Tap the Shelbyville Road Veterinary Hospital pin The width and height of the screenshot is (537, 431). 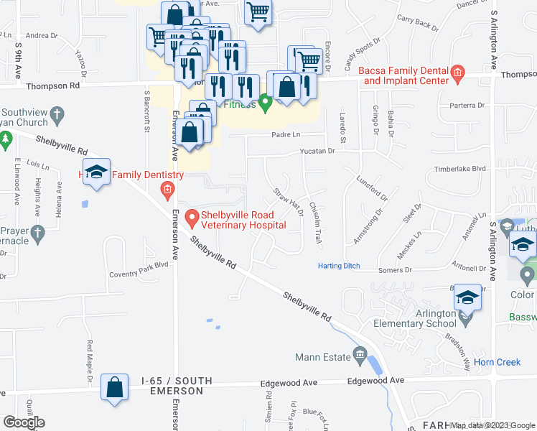tap(192, 216)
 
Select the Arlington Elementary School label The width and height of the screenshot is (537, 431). tap(416, 318)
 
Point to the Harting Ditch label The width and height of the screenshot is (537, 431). tap(340, 266)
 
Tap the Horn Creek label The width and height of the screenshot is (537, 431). tap(498, 362)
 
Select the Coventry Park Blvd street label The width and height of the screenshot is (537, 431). tap(138, 274)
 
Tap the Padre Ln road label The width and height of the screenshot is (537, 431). tap(285, 134)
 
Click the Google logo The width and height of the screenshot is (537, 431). tap(24, 422)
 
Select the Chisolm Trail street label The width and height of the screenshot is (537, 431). tap(314, 222)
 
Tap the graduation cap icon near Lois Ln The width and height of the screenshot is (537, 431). tap(96, 172)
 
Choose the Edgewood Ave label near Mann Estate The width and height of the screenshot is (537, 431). tap(375, 381)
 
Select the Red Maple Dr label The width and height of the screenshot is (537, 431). tap(90, 361)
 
